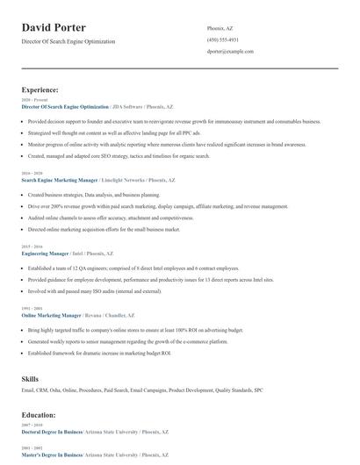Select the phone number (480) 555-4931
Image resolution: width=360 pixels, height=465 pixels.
click(223, 40)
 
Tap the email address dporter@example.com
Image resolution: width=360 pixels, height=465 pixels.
click(230, 52)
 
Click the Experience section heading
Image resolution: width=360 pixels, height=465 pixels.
click(40, 89)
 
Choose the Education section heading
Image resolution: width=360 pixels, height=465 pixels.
click(39, 414)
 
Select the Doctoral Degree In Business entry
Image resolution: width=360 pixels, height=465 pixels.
click(52, 432)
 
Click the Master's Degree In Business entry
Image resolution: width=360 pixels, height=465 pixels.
click(52, 455)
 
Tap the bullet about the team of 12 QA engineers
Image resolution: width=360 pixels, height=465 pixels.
click(133, 268)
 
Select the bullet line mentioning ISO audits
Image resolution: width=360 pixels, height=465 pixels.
click(95, 290)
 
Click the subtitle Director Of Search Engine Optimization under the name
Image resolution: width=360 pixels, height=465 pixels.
click(68, 41)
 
